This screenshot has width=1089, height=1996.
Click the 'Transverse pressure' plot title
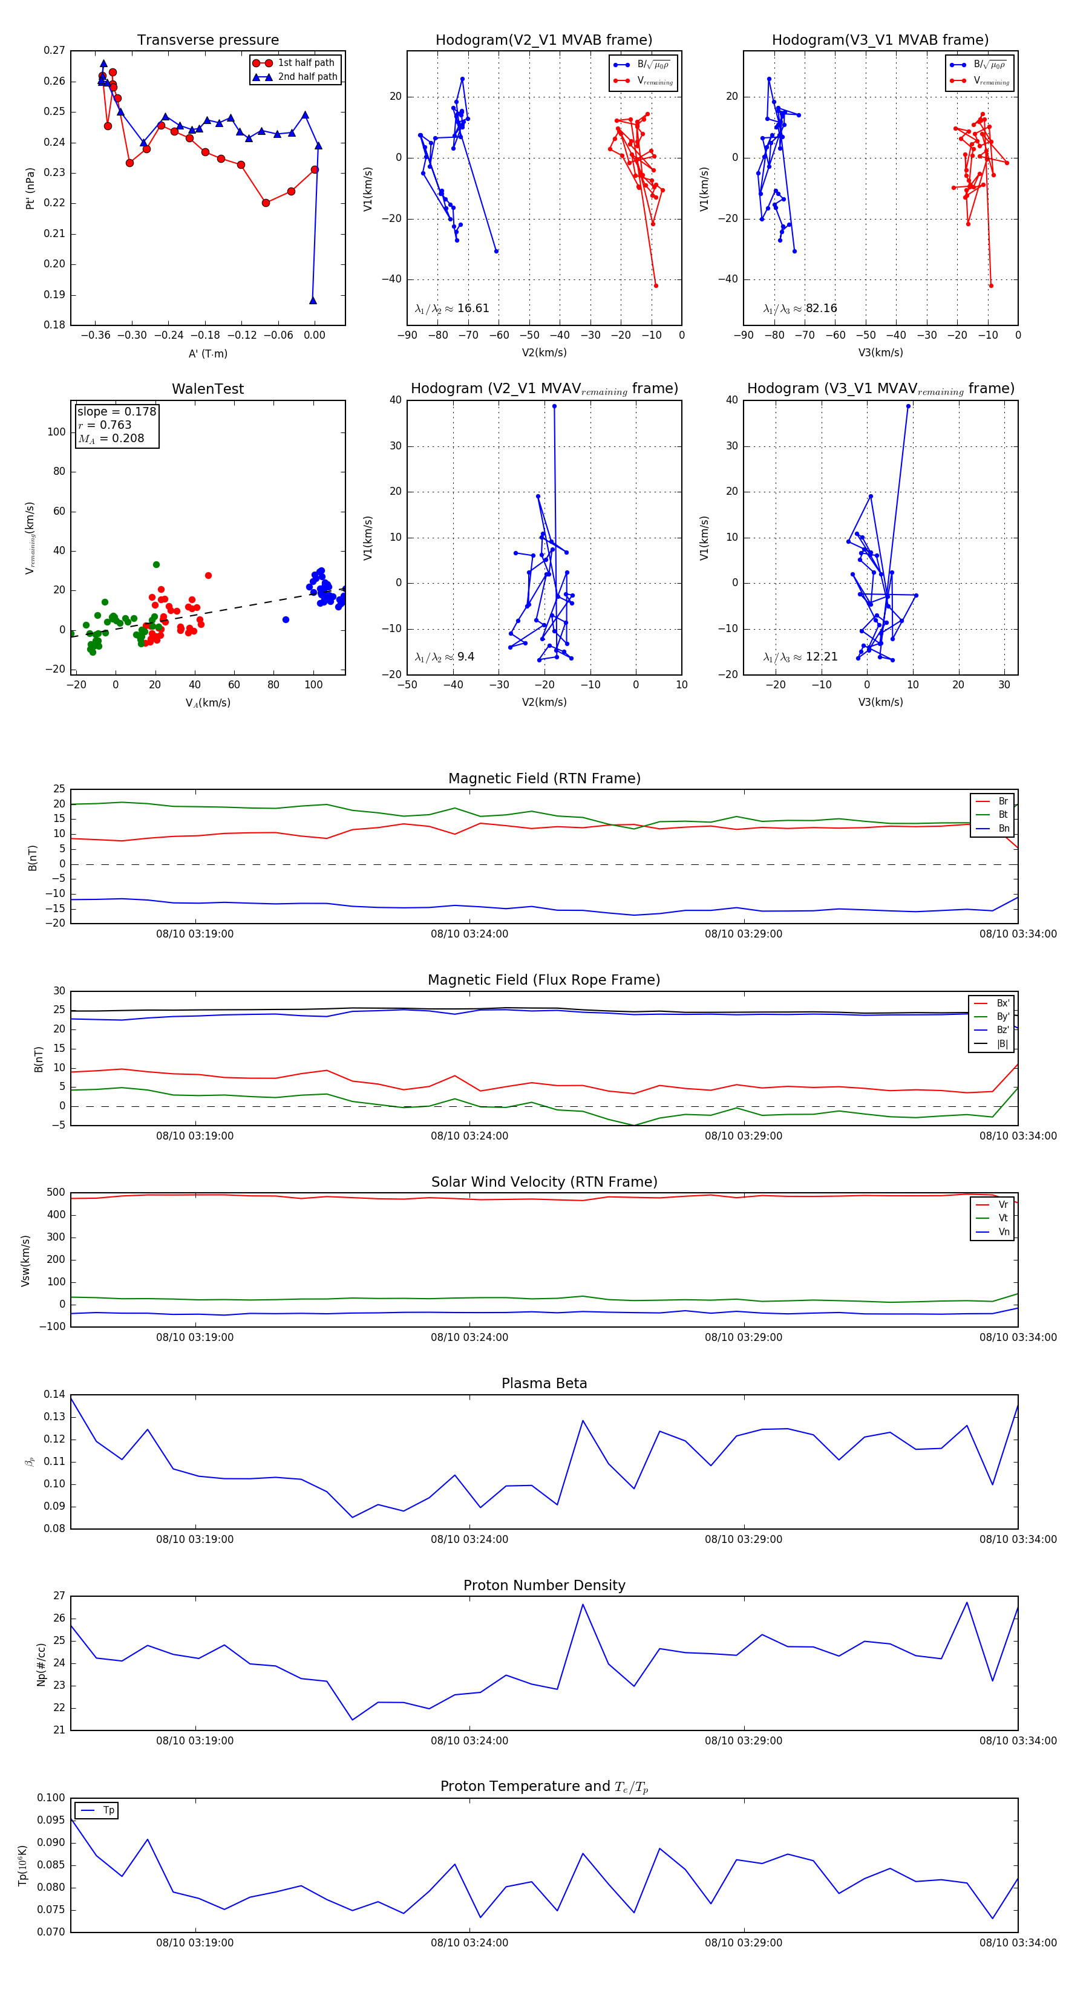coord(208,41)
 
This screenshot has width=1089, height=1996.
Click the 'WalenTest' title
coord(208,389)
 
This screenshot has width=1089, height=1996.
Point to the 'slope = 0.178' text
coord(116,411)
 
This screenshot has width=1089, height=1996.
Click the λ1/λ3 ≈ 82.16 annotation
coord(800,308)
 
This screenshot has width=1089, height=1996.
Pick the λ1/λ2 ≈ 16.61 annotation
coord(452,308)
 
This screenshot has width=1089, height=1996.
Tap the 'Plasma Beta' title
coord(544,1384)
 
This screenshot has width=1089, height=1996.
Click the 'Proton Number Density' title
coord(544,1585)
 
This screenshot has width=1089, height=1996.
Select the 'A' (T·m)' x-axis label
coord(208,353)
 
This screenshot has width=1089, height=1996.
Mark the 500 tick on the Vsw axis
coord(56,1193)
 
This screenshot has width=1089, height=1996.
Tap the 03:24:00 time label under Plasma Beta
coord(469,1539)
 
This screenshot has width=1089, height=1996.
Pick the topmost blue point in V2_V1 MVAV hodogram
coord(554,406)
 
